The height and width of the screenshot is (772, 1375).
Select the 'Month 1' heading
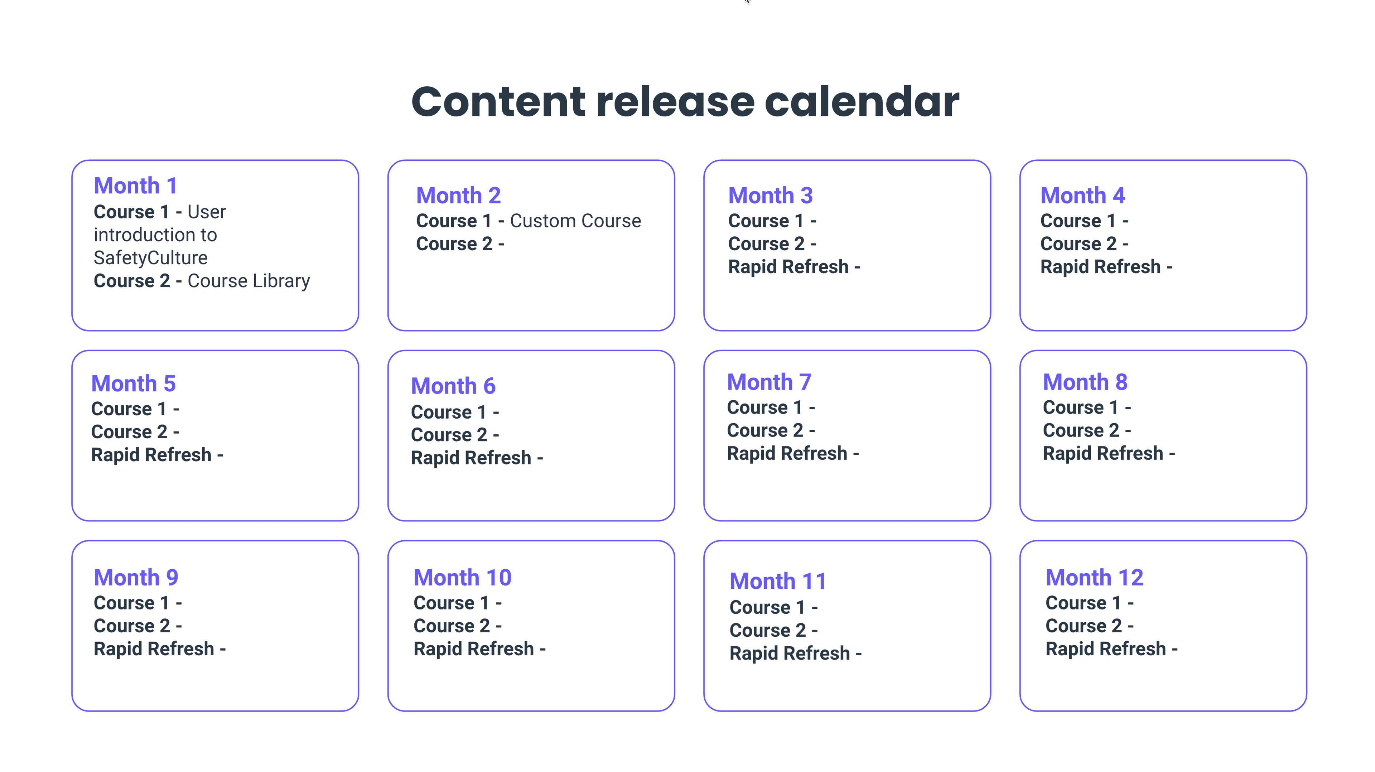pos(135,186)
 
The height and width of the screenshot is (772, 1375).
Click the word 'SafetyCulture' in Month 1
pos(150,258)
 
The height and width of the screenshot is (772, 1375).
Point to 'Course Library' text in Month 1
pos(249,281)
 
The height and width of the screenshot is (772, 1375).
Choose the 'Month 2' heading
pos(458,196)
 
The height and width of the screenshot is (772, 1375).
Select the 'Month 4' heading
pos(1082,196)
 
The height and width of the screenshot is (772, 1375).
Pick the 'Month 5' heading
pos(134,383)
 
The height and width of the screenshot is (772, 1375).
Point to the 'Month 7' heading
pos(769,382)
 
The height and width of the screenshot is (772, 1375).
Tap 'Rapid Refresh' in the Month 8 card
pos(1103,454)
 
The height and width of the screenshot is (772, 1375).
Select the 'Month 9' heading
pos(136,578)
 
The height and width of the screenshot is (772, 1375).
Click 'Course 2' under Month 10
pos(452,626)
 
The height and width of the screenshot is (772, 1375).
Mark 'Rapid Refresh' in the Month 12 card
pos(1105,649)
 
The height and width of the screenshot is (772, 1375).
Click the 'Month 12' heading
pos(1094,578)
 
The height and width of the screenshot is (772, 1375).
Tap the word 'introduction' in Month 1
pos(155,235)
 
